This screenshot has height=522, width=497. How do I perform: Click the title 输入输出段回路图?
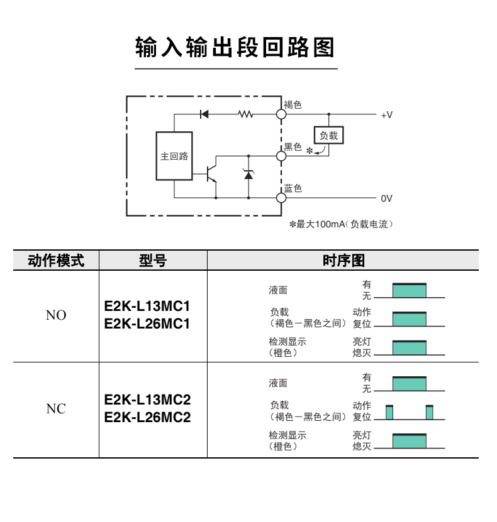[235, 47]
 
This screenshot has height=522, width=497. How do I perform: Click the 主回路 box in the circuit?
[174, 156]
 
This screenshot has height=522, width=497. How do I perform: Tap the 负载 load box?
[328, 135]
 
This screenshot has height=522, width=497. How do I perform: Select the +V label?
[386, 116]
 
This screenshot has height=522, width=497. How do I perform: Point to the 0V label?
[386, 198]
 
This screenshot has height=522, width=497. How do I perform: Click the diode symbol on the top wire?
[204, 114]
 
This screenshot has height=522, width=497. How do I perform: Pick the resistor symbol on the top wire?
[245, 114]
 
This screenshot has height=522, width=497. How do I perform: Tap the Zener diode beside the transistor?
[248, 174]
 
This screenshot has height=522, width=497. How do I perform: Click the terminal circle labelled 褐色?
[281, 114]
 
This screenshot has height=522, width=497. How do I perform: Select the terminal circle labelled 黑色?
[281, 155]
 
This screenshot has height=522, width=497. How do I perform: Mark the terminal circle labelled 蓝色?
[281, 198]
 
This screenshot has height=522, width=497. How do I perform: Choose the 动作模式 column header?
[56, 261]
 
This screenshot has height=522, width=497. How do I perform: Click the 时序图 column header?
[343, 261]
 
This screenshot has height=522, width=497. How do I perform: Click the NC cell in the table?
[56, 410]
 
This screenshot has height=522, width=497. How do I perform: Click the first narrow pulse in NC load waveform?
[389, 412]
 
